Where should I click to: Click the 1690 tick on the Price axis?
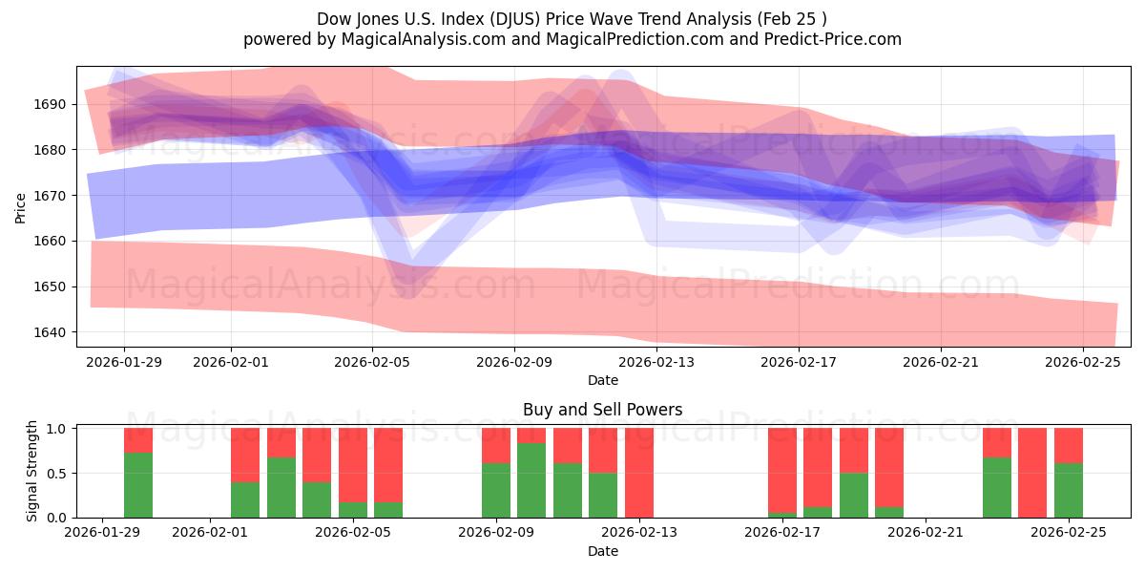[53, 104]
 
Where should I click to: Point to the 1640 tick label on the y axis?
[53, 332]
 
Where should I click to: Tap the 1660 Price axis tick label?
[53, 241]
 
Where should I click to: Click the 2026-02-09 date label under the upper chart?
[514, 362]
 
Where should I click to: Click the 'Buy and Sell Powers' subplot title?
[602, 410]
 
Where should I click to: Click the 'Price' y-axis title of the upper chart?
[21, 207]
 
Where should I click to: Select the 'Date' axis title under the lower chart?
[602, 551]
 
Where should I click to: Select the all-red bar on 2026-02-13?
[639, 473]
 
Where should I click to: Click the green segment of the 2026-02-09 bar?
[496, 490]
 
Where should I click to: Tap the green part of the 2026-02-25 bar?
[1069, 490]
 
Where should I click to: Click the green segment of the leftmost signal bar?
[138, 485]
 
